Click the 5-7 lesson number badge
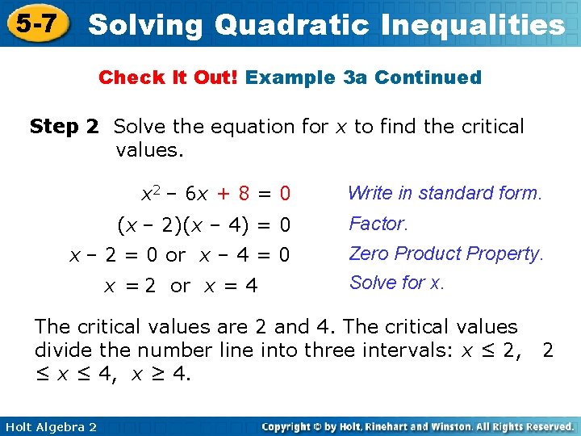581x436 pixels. click(34, 23)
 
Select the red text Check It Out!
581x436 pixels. click(169, 78)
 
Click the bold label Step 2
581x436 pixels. click(64, 127)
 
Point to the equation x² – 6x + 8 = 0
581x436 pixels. click(215, 194)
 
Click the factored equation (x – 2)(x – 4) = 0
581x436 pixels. click(203, 224)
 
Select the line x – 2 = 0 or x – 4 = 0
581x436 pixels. click(179, 254)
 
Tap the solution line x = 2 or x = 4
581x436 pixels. click(181, 285)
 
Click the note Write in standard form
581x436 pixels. click(445, 193)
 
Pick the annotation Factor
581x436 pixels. click(378, 223)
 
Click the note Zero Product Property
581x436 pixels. click(445, 254)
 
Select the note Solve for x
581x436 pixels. click(396, 283)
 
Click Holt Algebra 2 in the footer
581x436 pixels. click(49, 426)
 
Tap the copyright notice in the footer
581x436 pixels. click(418, 426)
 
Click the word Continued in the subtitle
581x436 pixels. click(428, 78)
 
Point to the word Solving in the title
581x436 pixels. click(145, 25)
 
